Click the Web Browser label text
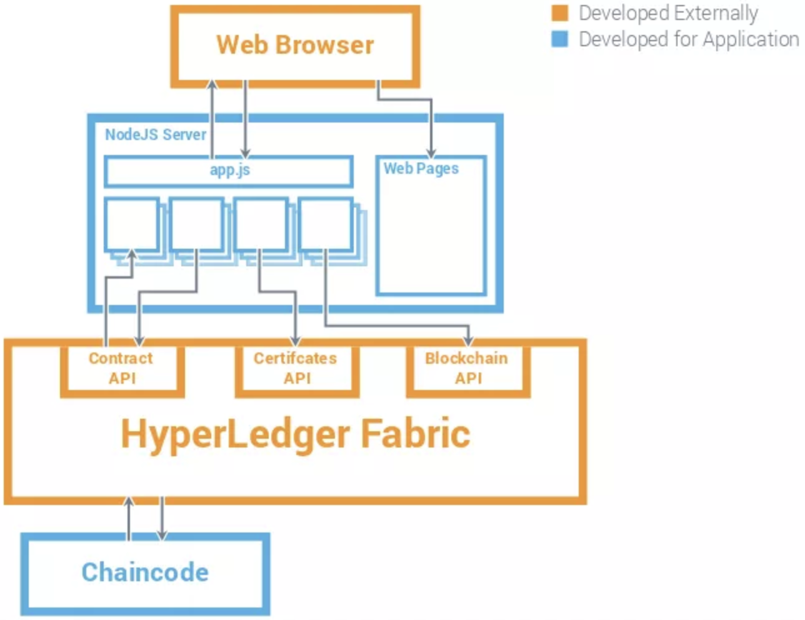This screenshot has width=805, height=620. click(295, 45)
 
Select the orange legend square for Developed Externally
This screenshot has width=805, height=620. click(560, 13)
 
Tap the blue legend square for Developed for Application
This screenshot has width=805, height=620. click(560, 39)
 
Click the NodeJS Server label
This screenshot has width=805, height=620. click(155, 134)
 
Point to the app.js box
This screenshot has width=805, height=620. click(229, 171)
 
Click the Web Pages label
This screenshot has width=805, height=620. click(421, 168)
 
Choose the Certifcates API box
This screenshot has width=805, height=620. click(296, 369)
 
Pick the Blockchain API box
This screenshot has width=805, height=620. click(467, 369)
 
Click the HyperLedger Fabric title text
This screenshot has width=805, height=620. click(295, 434)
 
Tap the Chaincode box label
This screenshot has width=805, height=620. click(145, 572)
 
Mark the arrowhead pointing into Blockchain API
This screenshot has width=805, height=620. click(469, 341)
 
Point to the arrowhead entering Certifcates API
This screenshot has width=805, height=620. click(296, 341)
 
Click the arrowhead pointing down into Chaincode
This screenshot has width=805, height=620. click(162, 535)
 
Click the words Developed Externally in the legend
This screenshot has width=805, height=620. click(667, 13)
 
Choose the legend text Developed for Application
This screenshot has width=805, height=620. click(688, 39)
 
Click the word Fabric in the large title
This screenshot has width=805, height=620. click(415, 434)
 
